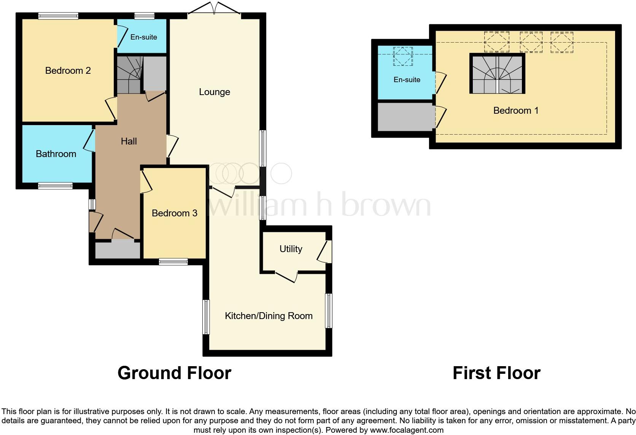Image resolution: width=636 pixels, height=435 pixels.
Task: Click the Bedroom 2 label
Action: (68, 70)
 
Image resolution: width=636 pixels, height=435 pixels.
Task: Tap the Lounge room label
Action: (215, 92)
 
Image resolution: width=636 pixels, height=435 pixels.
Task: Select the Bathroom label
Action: (56, 154)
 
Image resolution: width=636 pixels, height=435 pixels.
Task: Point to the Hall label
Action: (129, 141)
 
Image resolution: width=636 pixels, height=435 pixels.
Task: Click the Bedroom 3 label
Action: (174, 213)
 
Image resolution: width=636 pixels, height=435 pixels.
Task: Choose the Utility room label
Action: (291, 249)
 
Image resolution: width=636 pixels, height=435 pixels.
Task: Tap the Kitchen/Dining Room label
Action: (269, 316)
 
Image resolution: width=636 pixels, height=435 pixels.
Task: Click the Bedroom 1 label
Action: (515, 111)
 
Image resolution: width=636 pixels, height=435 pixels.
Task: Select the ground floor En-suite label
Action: (143, 37)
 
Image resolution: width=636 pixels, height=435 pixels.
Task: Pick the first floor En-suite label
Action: (407, 80)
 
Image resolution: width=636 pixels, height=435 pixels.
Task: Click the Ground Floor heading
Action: (174, 373)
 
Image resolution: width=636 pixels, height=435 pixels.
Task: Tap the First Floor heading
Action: (496, 373)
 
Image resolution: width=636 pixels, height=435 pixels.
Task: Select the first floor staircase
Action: (497, 74)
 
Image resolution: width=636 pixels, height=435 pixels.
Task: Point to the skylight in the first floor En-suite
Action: (403, 56)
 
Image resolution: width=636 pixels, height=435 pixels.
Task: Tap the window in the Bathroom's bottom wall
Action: (55, 186)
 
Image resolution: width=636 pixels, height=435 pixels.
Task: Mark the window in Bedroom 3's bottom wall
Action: (173, 262)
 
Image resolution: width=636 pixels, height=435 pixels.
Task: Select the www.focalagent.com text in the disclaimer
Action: (407, 430)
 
